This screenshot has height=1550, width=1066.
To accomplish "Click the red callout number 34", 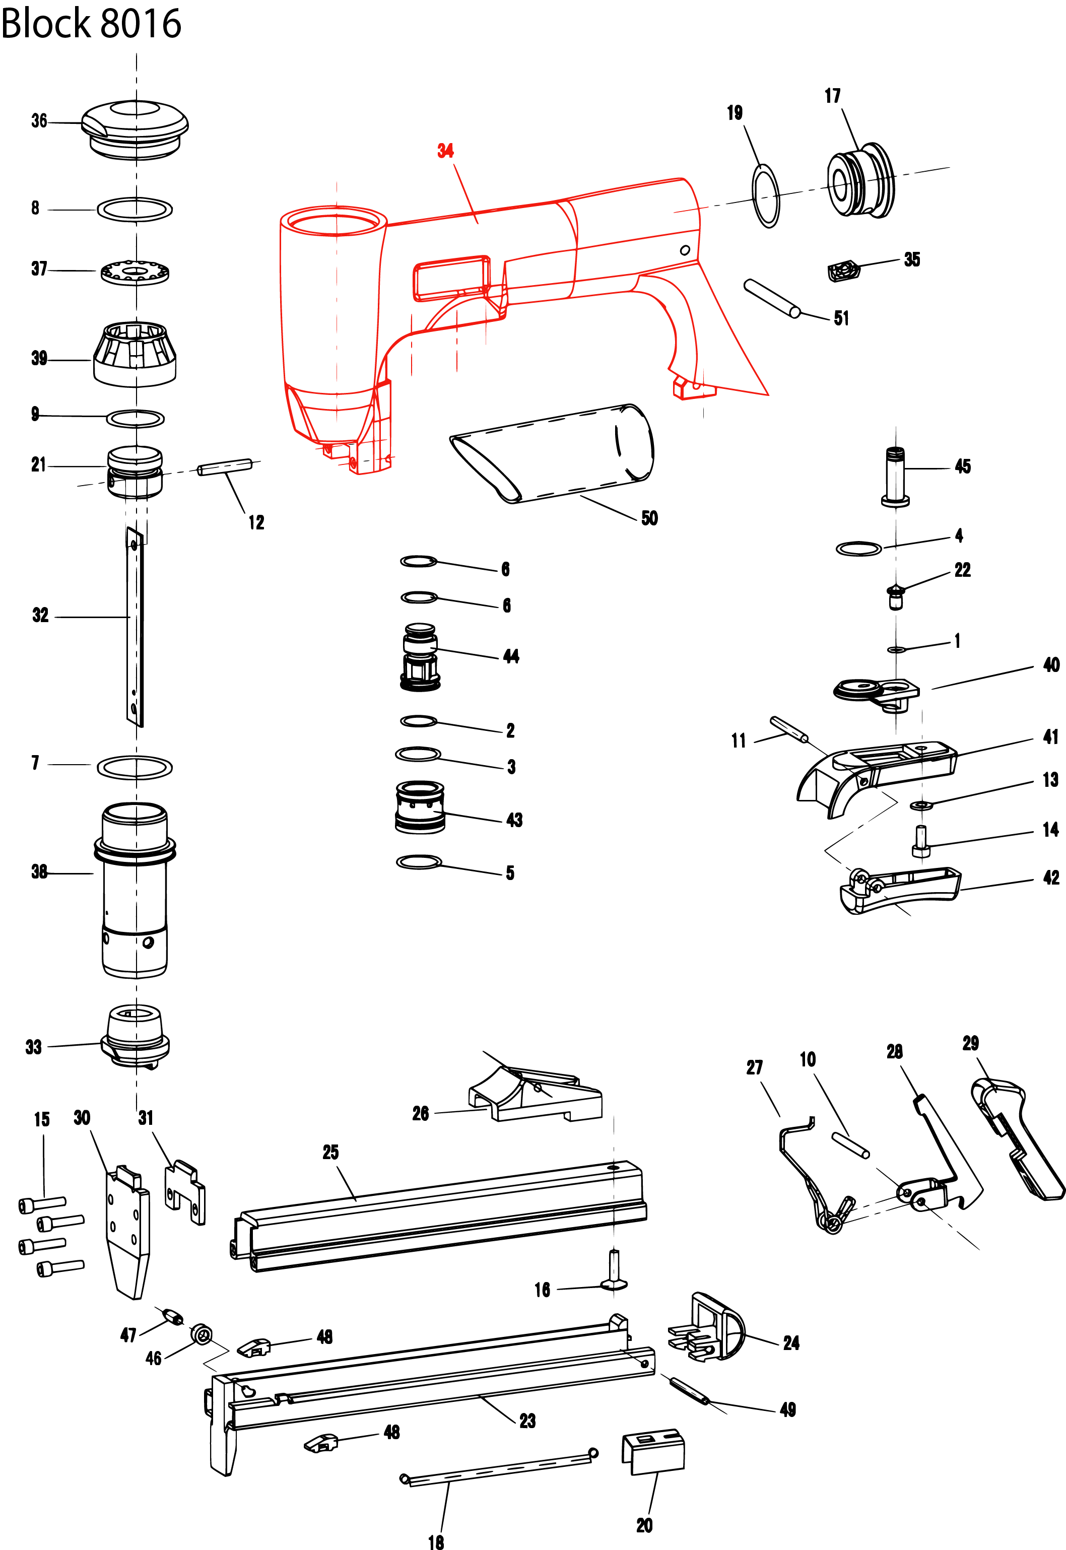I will tap(445, 151).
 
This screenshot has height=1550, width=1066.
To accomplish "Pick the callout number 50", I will tap(649, 518).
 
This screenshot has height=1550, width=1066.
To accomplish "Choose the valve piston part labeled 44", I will tap(420, 657).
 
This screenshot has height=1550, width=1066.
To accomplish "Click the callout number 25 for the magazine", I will tap(330, 1152).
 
